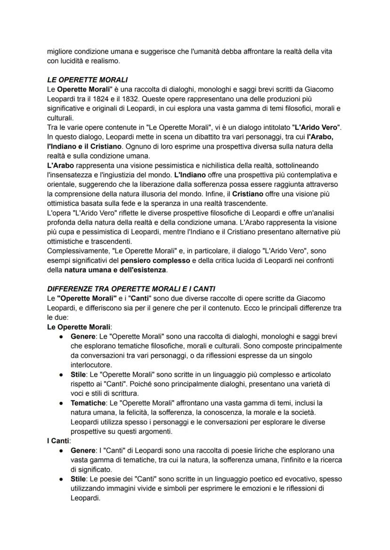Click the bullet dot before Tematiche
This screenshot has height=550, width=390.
(x=61, y=403)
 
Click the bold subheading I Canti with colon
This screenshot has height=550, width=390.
(x=58, y=441)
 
